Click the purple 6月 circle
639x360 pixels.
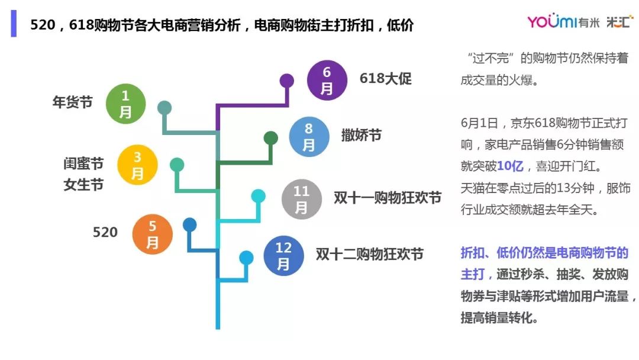327,81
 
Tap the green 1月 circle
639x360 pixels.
125,104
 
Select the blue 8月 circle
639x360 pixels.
309,137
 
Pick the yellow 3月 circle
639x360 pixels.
137,165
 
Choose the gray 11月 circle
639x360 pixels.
302,199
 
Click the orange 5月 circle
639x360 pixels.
153,234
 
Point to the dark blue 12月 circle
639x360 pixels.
283,256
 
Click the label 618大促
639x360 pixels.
386,78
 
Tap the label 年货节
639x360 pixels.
73,102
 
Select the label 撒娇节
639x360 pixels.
362,135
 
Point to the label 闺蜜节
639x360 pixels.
83,163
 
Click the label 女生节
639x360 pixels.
83,185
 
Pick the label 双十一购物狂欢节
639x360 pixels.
388,198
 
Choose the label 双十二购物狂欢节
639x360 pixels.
370,254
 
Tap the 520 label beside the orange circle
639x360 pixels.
105,232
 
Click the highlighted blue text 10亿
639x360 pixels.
510,166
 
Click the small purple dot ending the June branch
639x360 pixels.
287,81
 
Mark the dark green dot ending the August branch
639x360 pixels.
271,138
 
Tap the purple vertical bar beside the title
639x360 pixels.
14,24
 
